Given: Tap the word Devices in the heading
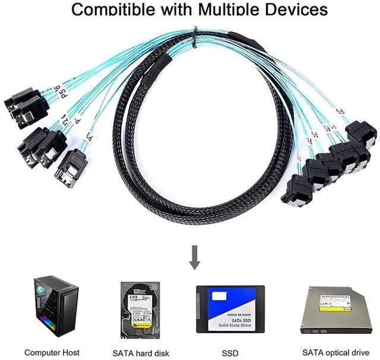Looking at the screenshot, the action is (293, 9).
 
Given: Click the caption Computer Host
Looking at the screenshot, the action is (52, 353).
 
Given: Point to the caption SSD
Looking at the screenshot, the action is (230, 353).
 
